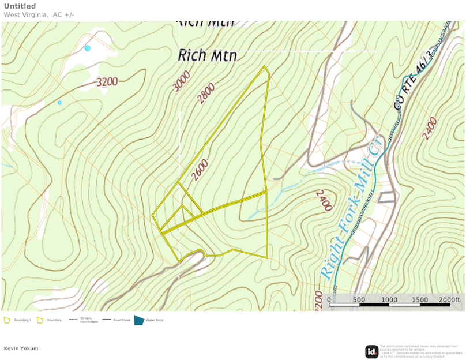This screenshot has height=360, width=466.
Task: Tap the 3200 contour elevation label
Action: (107, 82)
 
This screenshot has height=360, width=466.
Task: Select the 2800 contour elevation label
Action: (206, 93)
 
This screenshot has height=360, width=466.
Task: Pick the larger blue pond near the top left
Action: (88, 48)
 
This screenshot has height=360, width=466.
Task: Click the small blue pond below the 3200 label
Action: (59, 103)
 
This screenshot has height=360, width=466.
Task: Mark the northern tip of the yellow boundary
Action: (265, 66)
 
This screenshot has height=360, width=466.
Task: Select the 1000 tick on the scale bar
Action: (389, 300)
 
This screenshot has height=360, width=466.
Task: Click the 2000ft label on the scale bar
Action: (449, 300)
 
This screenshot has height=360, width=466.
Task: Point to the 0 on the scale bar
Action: (329, 300)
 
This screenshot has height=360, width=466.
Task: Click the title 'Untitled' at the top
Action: (20, 6)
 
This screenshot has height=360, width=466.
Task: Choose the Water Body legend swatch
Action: (138, 320)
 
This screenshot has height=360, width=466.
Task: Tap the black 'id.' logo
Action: (372, 351)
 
